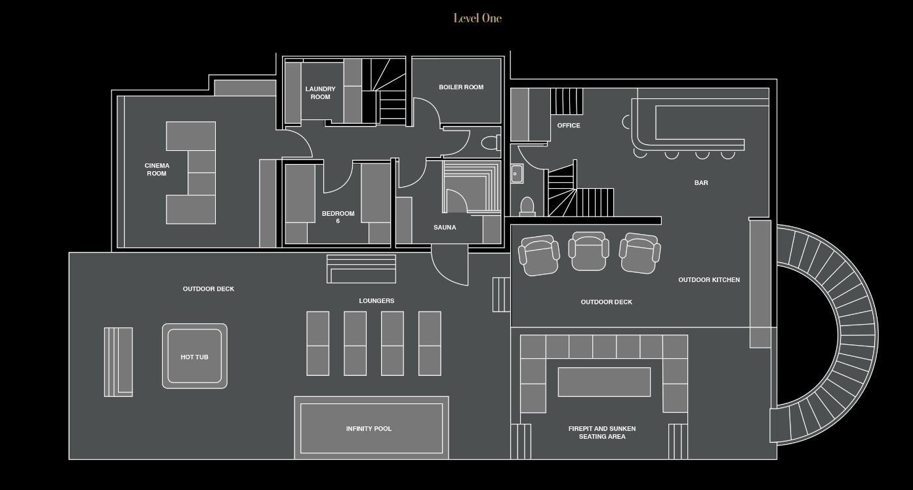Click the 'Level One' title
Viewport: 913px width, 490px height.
point(477,18)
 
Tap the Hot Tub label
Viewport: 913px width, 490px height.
point(194,357)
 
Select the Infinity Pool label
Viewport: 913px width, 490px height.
point(369,429)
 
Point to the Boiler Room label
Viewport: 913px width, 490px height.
point(461,87)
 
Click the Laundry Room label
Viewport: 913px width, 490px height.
point(320,93)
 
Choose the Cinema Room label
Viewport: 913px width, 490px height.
point(157,170)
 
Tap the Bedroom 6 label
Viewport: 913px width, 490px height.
point(338,217)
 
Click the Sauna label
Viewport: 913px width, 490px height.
point(445,228)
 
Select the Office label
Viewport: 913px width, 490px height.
point(569,125)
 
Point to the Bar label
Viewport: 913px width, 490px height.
point(701,183)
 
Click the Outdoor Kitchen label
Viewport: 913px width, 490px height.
point(709,280)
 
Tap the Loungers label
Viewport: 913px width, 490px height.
point(376,301)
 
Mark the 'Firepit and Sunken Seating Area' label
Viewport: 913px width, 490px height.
point(602,432)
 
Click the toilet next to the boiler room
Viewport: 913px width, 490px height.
point(491,143)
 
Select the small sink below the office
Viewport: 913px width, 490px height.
point(516,174)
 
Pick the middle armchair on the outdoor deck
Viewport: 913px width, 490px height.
point(588,251)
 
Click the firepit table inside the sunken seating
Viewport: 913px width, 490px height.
point(604,382)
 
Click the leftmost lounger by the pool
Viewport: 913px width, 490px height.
point(318,344)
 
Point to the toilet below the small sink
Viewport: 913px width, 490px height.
point(527,206)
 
